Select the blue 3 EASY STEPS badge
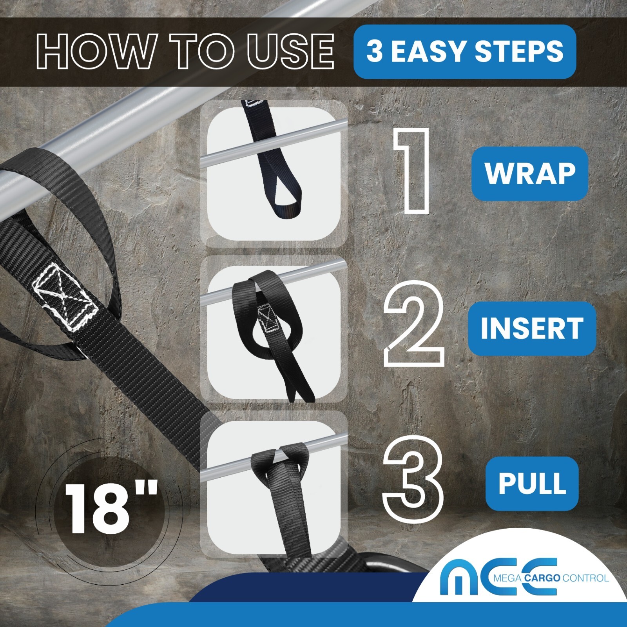point(464,52)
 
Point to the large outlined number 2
point(413,324)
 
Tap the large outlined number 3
point(413,478)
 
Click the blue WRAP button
point(529,173)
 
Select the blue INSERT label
point(531,328)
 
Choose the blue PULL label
point(532,483)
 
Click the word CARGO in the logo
point(542,578)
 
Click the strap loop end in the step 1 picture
point(284,204)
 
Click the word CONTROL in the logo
point(585,578)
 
